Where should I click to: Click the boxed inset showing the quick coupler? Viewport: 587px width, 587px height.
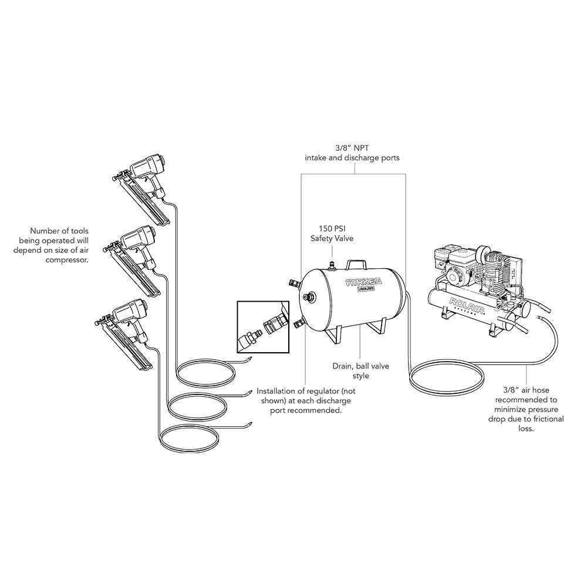pos(263,327)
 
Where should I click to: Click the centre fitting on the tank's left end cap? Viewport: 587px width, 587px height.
pos(306,298)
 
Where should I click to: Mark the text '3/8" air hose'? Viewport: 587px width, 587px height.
pos(526,389)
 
